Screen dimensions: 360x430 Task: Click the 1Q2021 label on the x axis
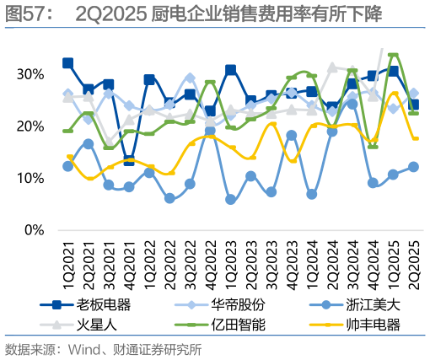tap(68, 260)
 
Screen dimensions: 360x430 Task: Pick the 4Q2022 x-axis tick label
tap(211, 260)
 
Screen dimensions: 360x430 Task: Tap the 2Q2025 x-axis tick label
tap(413, 260)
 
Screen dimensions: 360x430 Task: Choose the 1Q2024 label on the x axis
tap(312, 260)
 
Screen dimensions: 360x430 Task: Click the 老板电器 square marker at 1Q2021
tap(68, 63)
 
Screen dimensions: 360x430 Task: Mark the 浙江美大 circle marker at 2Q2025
tap(413, 167)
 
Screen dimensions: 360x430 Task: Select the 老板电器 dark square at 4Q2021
tap(129, 160)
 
